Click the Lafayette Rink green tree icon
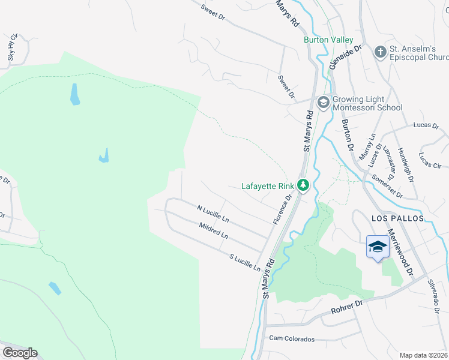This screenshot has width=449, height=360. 304,185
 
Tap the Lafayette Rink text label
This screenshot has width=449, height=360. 269,186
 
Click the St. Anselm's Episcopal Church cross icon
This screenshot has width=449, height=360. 379,53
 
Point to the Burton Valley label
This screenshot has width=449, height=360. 328,40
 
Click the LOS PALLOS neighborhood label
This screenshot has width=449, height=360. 397,218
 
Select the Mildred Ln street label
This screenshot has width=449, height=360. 214,231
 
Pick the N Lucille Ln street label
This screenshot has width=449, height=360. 213,212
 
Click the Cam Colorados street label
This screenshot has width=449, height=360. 292,339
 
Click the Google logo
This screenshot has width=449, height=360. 19,353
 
